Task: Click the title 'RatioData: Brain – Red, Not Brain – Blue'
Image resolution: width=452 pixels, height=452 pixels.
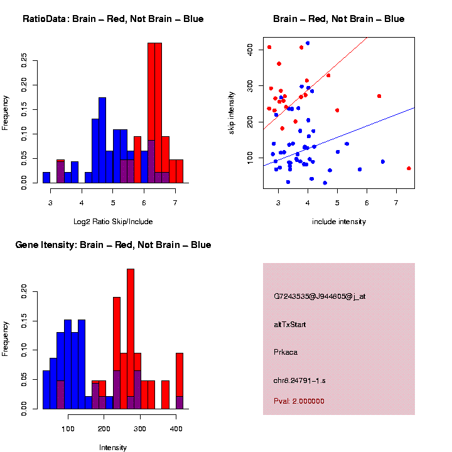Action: point(113,19)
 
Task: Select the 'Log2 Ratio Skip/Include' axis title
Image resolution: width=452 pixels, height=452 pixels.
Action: point(112,221)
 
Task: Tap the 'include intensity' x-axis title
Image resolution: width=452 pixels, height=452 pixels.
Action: point(338,221)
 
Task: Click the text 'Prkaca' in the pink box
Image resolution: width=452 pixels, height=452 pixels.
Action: point(286,352)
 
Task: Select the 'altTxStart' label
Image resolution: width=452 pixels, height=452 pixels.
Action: point(290,325)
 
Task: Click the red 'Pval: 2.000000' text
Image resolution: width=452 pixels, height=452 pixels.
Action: point(299,401)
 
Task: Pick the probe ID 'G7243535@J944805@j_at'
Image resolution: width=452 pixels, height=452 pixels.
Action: point(320,296)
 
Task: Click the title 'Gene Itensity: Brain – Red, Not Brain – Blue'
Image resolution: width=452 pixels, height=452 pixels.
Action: point(113,245)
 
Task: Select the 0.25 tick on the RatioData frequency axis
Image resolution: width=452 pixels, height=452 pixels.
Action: point(24,60)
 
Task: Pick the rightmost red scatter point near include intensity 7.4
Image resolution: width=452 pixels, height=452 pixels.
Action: point(409,168)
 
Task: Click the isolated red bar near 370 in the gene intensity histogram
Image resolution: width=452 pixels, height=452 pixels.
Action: point(165,394)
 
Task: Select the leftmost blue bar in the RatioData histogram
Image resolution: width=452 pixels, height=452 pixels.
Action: point(46,177)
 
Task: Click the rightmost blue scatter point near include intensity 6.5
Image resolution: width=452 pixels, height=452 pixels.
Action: point(382,162)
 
